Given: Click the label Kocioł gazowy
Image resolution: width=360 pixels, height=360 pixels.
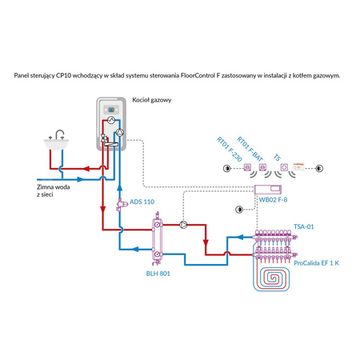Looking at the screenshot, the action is point(152,100).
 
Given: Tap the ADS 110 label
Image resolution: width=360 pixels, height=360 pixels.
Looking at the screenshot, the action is point(142,202).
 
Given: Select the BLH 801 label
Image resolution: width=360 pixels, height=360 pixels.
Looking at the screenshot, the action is point(158,274).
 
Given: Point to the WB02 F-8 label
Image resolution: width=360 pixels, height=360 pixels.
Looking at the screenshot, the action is point(273,200).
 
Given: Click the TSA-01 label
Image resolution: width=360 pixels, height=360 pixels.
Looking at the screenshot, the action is point(304,226).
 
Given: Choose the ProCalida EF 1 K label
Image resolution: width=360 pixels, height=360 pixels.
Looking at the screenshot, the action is point(316,263).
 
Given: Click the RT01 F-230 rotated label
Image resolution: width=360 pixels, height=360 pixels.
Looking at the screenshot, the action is point(230,150).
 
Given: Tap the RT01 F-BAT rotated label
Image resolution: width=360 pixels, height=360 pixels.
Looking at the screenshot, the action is point(250,149).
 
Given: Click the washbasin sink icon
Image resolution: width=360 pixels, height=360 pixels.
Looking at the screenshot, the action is point(56,140).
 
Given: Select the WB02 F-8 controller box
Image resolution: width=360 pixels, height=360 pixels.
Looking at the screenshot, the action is point(267,190).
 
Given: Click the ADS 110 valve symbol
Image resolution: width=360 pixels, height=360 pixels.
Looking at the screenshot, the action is point(121,205).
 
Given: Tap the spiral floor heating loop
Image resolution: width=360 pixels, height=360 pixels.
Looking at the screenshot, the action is point(272,278).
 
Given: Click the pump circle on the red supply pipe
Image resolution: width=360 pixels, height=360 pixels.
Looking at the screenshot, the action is point(183,225).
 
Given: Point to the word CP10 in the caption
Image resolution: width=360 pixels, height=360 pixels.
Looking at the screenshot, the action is point(64,75).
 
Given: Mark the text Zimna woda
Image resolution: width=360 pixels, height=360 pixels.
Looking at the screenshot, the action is point(54,187).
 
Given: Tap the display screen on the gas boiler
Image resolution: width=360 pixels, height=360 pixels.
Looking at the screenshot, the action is point(111,110).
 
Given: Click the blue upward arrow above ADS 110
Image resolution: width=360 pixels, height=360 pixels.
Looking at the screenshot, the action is point(120,188).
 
